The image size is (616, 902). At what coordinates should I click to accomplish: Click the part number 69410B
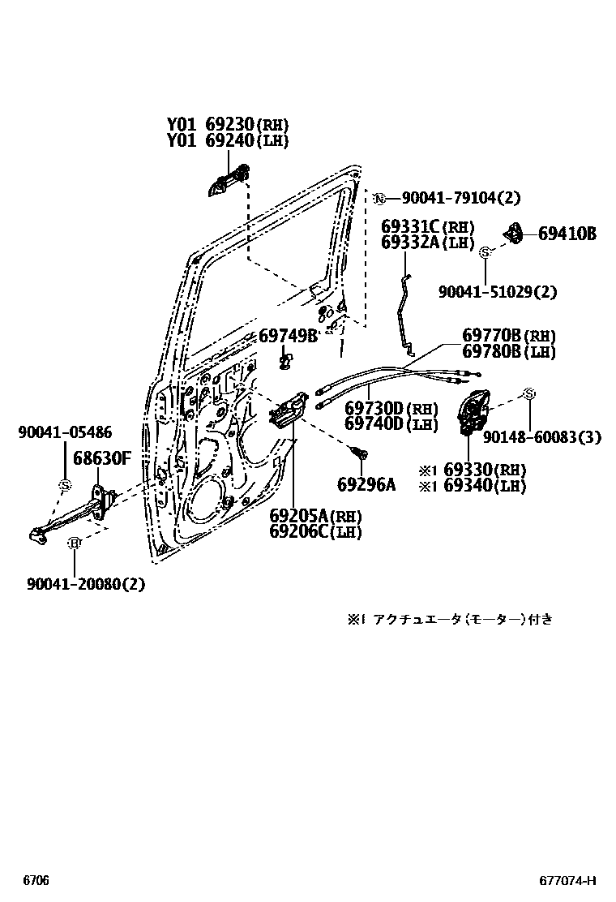click(x=567, y=234)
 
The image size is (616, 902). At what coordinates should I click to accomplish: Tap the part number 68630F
click(x=102, y=458)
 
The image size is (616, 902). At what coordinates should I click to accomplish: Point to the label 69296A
click(x=366, y=485)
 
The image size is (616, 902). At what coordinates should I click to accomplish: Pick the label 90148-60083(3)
click(x=542, y=437)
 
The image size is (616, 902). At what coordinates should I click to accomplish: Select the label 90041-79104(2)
click(x=461, y=197)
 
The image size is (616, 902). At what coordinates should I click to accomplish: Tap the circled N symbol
click(x=379, y=197)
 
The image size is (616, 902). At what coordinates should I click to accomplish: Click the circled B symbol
click(x=73, y=543)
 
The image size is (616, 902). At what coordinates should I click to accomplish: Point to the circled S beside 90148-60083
click(x=528, y=394)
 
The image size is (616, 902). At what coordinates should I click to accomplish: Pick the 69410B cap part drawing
click(x=513, y=233)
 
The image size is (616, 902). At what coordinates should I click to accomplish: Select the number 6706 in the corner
click(x=35, y=880)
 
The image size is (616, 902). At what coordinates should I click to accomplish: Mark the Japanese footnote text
click(x=451, y=620)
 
